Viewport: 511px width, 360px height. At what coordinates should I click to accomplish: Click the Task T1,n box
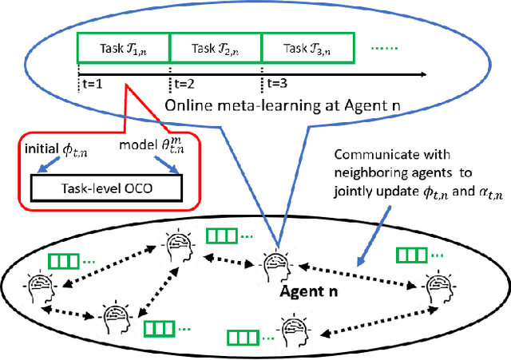(123, 48)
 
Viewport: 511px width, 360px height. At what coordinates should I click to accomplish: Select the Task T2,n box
(216, 48)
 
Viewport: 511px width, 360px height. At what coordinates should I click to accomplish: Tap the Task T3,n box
(308, 48)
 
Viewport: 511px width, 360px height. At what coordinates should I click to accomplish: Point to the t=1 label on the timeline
(93, 81)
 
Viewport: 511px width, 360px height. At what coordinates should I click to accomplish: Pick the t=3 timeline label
(277, 81)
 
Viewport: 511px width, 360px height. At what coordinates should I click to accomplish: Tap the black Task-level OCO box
(105, 188)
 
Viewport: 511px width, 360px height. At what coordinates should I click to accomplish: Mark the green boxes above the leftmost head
(63, 259)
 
